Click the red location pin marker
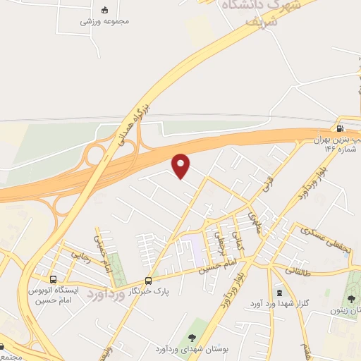(182, 164)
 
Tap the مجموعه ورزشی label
(104, 21)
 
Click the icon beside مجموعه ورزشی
(105, 10)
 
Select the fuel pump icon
(341, 128)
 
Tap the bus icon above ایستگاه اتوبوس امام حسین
(54, 279)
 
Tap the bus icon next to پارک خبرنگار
(148, 280)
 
